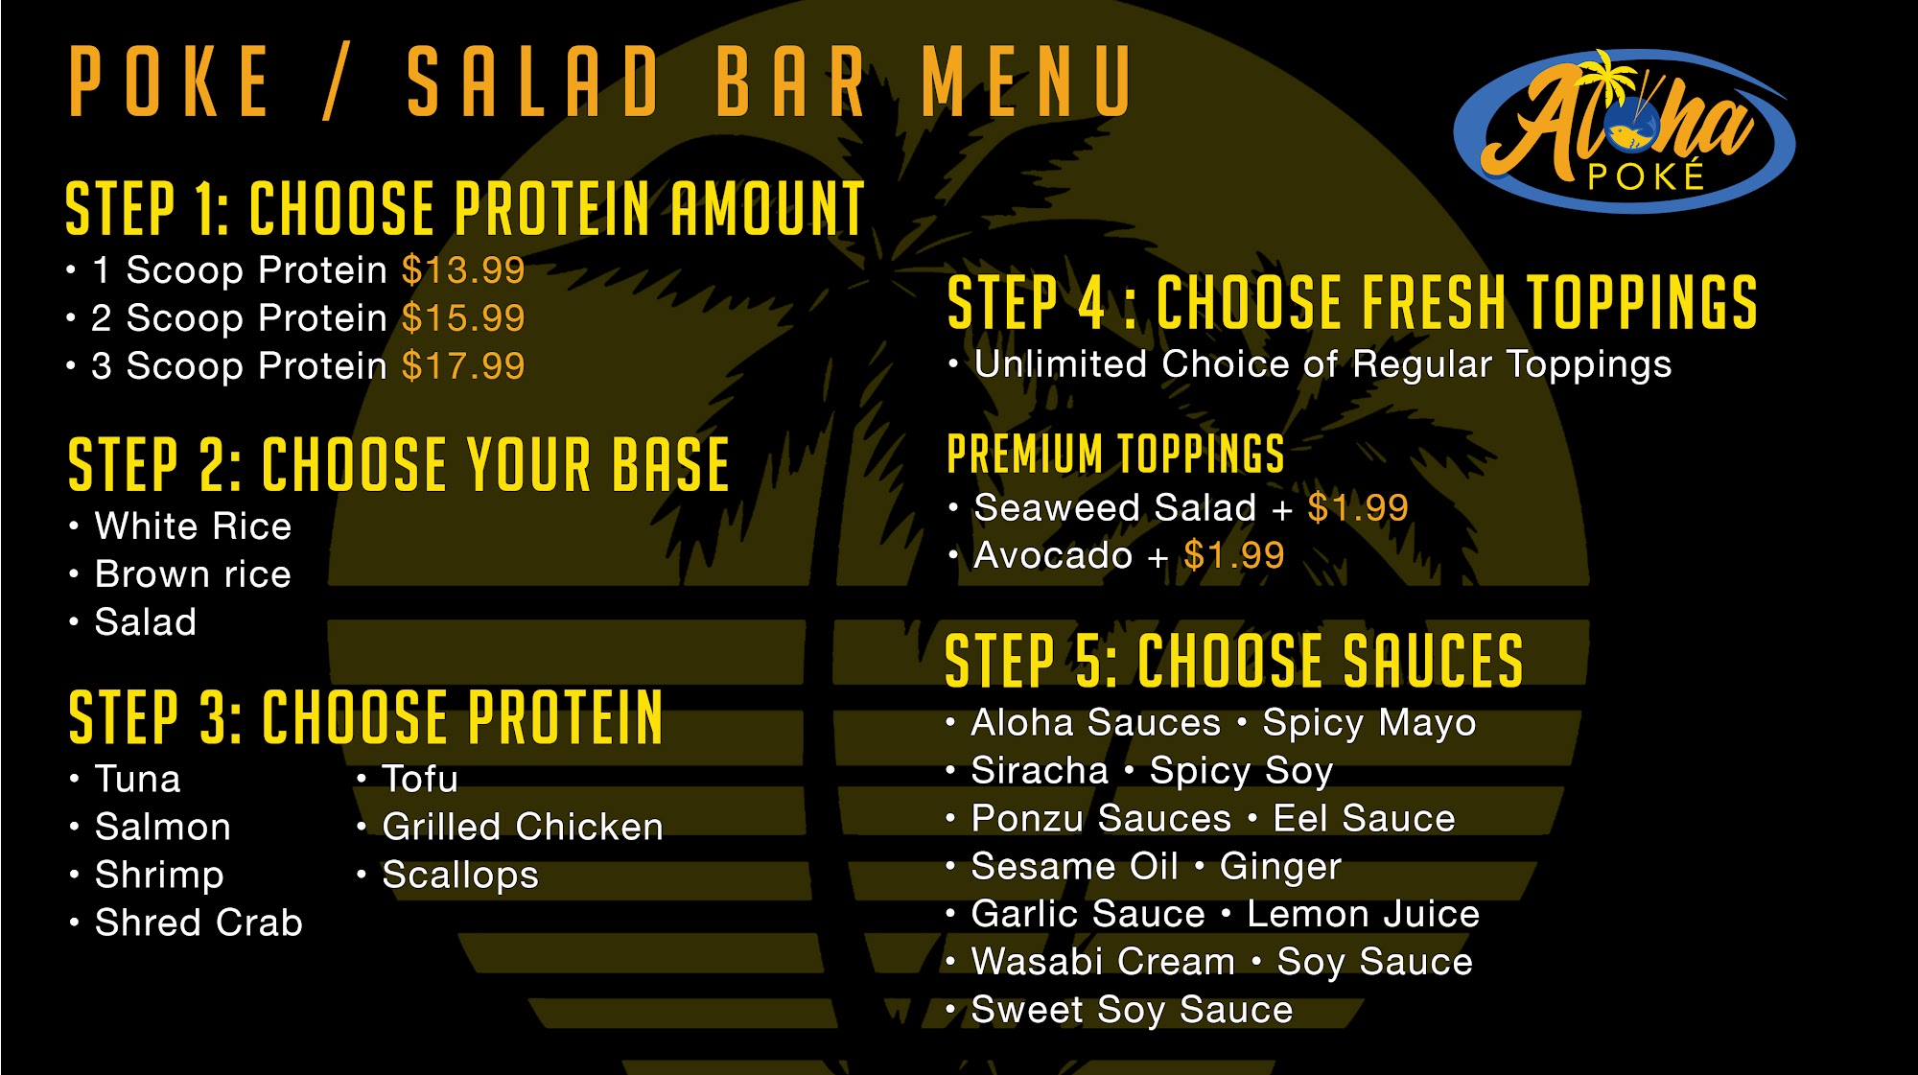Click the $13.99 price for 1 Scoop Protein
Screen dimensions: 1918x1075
[463, 270]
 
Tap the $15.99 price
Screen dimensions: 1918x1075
[463, 318]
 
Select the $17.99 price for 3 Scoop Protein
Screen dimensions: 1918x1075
[463, 366]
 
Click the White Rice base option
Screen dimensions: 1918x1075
[193, 526]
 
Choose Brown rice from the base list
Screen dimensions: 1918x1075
[193, 574]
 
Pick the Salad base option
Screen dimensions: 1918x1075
[146, 622]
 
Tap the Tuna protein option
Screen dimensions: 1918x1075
[138, 780]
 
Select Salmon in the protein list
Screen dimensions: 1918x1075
[163, 828]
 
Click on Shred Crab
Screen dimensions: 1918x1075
[199, 923]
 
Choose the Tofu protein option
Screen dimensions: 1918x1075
[420, 780]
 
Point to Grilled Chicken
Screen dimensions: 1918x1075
[523, 828]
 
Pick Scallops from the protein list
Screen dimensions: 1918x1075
[460, 876]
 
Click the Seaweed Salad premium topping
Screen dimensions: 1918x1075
[1114, 508]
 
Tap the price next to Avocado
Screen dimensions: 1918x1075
[1234, 555]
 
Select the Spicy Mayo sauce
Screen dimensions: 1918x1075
[1369, 724]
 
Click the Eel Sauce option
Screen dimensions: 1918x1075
[1364, 819]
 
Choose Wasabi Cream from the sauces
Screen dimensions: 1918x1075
[1103, 962]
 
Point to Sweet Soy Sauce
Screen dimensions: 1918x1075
[1132, 1011]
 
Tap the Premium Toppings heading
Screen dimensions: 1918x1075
[1115, 454]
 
